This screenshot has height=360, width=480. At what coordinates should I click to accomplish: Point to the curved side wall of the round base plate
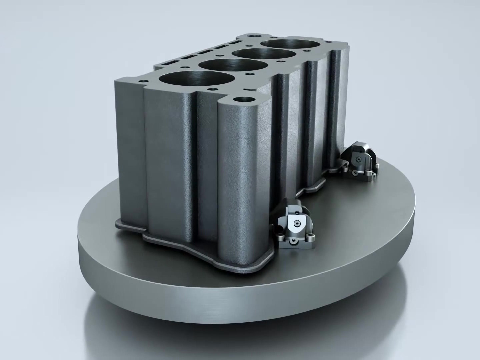tap(233, 300)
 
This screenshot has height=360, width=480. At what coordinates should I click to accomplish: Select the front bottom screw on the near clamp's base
tap(293, 240)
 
